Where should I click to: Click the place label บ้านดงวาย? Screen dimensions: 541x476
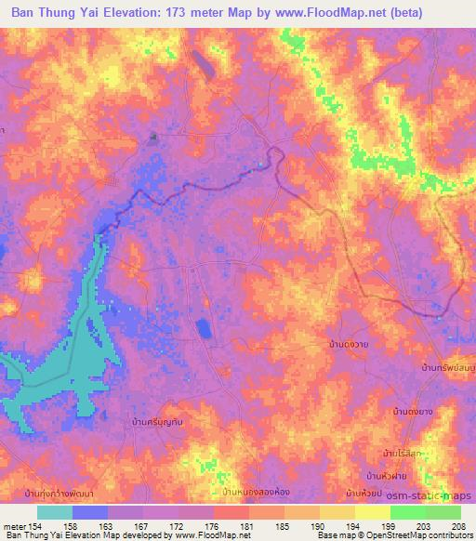(350, 345)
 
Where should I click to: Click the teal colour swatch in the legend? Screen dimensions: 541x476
(55, 512)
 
